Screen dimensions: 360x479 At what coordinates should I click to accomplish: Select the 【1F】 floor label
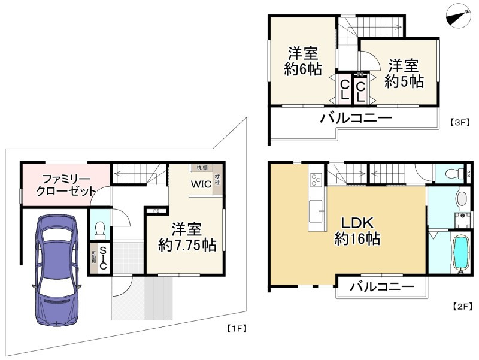(237, 328)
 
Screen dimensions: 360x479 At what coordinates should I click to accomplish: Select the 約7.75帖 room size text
(187, 244)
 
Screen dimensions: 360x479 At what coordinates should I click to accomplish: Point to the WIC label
(201, 184)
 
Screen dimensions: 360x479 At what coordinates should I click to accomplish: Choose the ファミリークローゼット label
(65, 185)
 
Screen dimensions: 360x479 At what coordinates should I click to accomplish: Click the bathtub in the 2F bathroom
(460, 253)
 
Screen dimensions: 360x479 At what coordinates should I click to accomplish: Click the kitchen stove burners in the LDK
(317, 178)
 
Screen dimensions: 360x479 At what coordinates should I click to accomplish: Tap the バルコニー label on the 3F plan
(356, 118)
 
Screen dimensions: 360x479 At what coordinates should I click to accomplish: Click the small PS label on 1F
(156, 211)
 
